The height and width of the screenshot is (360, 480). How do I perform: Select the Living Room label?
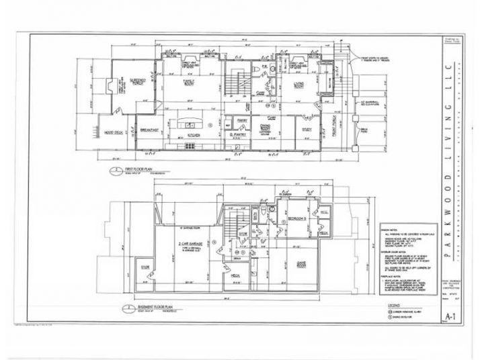(x=298, y=85)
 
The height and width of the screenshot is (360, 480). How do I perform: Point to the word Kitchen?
(x=194, y=134)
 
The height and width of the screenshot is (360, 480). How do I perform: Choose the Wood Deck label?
(x=112, y=132)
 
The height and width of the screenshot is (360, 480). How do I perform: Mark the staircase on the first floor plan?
(x=233, y=84)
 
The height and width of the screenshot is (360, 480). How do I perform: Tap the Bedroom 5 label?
(x=296, y=220)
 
